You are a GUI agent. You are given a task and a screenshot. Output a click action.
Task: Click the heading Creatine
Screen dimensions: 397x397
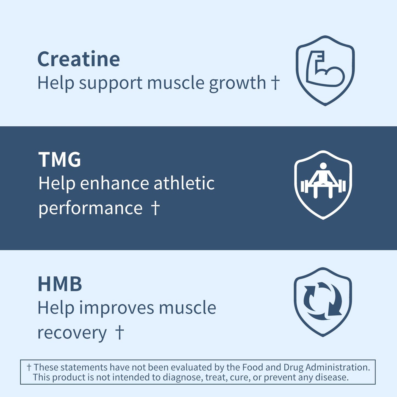point(79,59)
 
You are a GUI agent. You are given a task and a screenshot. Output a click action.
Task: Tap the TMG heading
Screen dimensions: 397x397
point(60,160)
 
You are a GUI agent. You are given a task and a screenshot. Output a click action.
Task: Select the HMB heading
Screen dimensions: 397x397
point(60,284)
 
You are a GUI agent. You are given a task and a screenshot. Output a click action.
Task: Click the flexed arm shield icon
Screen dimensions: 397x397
point(325,70)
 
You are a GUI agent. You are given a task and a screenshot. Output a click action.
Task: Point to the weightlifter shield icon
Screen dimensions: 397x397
point(323,185)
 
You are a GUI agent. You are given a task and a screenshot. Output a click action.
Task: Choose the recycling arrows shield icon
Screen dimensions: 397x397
point(323,302)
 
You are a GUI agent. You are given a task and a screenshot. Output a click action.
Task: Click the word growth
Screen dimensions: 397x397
point(237,83)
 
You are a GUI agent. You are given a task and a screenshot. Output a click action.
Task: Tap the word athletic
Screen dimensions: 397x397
point(184,183)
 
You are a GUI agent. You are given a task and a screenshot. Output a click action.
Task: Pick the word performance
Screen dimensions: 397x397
point(90,208)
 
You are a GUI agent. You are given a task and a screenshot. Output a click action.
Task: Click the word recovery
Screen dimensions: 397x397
point(72,333)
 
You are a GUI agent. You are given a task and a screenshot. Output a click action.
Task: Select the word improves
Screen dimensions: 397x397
point(116,308)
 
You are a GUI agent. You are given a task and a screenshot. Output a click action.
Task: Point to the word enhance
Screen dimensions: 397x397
point(114,183)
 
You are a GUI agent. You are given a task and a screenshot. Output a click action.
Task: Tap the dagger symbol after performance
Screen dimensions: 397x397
point(155,208)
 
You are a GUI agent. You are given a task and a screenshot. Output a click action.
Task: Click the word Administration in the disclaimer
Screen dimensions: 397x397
point(338,367)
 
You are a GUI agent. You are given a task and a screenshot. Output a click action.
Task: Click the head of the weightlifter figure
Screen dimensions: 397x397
point(323,166)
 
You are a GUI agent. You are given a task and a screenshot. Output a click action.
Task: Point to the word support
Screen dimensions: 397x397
point(111,83)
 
